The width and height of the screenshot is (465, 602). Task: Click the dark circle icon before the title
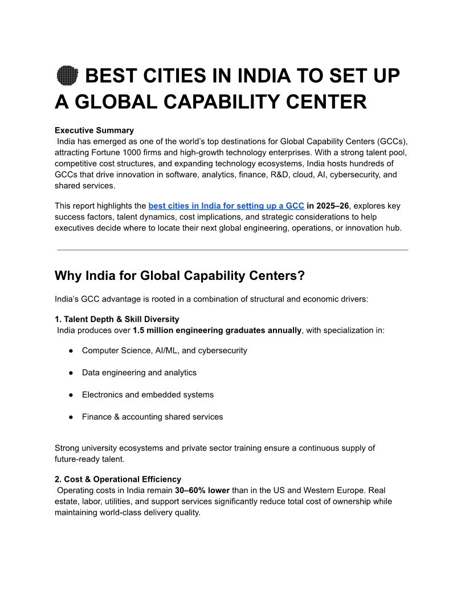[x=67, y=76]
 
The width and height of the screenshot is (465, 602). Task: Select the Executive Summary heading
[x=94, y=130]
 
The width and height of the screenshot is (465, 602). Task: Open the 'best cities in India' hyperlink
[x=226, y=206]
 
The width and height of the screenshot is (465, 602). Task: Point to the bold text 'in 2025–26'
[x=328, y=206]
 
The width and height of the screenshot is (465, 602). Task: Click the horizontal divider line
[x=232, y=250]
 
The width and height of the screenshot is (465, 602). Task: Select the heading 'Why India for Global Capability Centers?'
[x=180, y=276]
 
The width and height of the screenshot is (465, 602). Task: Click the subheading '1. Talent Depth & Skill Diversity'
[x=117, y=319]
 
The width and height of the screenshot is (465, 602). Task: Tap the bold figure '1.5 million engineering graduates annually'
[x=217, y=330]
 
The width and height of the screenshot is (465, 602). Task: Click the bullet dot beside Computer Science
[x=71, y=351]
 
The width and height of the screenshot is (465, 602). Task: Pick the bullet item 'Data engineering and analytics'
[x=139, y=372]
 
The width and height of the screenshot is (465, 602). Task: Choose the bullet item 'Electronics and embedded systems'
[x=148, y=394]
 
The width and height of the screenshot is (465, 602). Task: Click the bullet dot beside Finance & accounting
[x=71, y=417]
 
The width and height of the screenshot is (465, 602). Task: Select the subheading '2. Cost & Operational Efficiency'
[x=118, y=479]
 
